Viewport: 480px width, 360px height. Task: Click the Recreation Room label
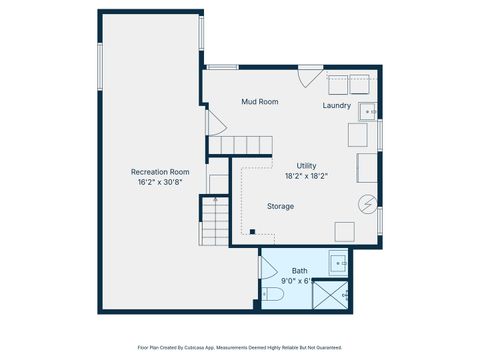coord(160,171)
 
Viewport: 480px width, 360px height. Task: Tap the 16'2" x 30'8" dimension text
coord(160,182)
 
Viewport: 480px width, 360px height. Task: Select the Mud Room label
coord(259,102)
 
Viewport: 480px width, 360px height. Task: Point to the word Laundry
coord(337,105)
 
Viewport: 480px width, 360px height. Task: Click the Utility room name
coord(306,165)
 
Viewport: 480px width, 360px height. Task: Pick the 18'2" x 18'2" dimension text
coord(306,176)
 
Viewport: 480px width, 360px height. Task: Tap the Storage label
coord(280,206)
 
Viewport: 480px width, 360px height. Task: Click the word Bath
coord(300,271)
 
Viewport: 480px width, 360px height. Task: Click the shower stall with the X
coord(333,294)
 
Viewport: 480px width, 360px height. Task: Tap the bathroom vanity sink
coord(338,265)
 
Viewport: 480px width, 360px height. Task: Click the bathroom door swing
coord(267,268)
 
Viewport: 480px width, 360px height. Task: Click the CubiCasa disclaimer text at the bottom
coord(239,347)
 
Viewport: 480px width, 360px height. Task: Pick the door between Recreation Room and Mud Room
coord(210,124)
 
